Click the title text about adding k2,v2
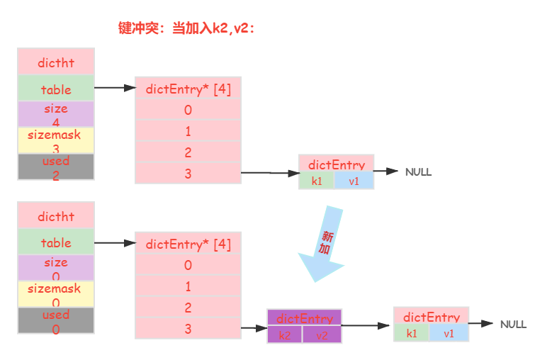click(189, 28)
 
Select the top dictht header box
click(56, 62)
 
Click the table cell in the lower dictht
click(56, 242)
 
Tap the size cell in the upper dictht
click(56, 114)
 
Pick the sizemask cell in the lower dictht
click(56, 294)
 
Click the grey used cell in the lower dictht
click(56, 321)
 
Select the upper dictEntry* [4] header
click(188, 89)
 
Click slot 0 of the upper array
click(188, 110)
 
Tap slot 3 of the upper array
click(188, 174)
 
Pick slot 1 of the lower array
click(188, 286)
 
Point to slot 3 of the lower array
click(188, 329)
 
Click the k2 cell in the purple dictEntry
click(285, 335)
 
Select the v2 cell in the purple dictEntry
click(322, 335)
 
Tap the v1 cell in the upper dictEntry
click(354, 181)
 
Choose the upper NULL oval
click(418, 171)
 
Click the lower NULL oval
click(513, 324)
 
